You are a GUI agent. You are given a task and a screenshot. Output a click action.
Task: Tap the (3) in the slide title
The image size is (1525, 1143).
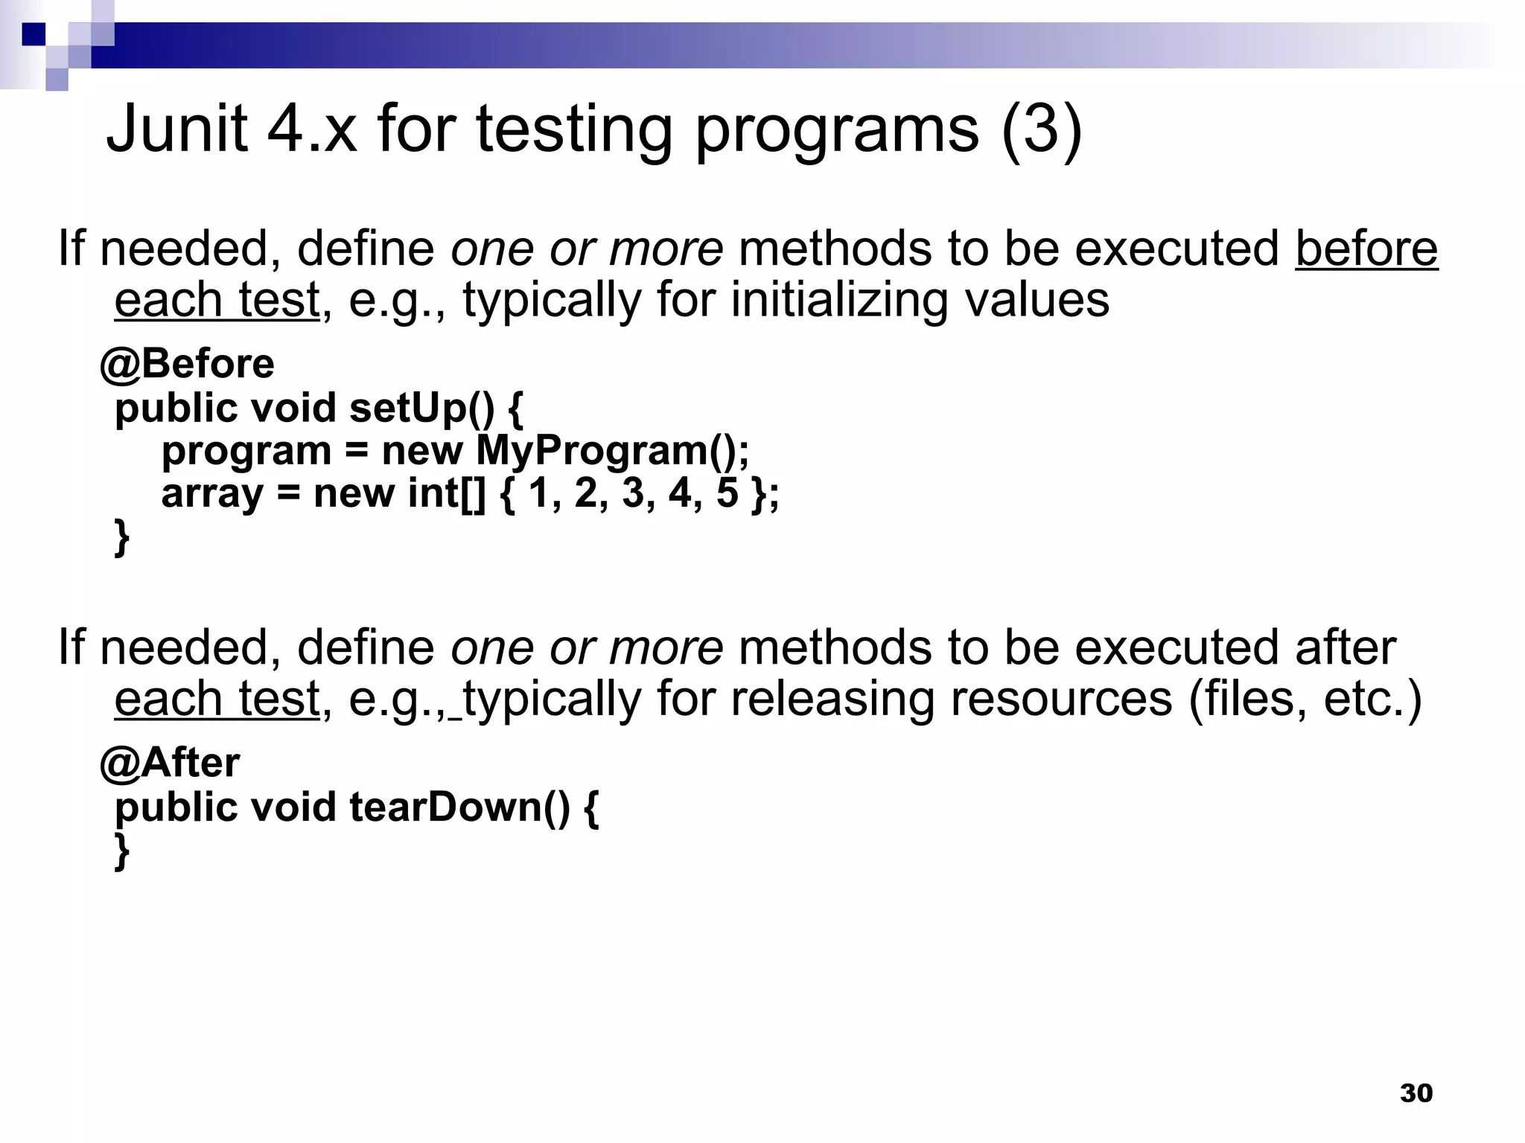(x=1041, y=130)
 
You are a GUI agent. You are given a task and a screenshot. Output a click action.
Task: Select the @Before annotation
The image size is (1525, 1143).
(x=187, y=364)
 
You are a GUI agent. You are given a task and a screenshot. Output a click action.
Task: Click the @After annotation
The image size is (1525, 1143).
(x=170, y=763)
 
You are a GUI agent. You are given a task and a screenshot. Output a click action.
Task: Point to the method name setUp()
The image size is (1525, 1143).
(x=421, y=408)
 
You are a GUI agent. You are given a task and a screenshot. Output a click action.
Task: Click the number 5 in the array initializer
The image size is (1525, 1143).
(x=727, y=493)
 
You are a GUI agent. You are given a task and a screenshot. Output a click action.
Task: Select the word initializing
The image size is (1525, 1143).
(x=838, y=300)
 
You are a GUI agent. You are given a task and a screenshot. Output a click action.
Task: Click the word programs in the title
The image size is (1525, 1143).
(x=837, y=130)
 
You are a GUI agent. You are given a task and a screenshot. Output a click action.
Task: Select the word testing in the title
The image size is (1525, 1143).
(x=573, y=130)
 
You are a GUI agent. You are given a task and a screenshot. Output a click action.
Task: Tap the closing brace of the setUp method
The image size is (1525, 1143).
(x=121, y=537)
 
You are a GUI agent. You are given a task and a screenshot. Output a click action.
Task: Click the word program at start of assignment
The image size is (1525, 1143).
(x=246, y=451)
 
